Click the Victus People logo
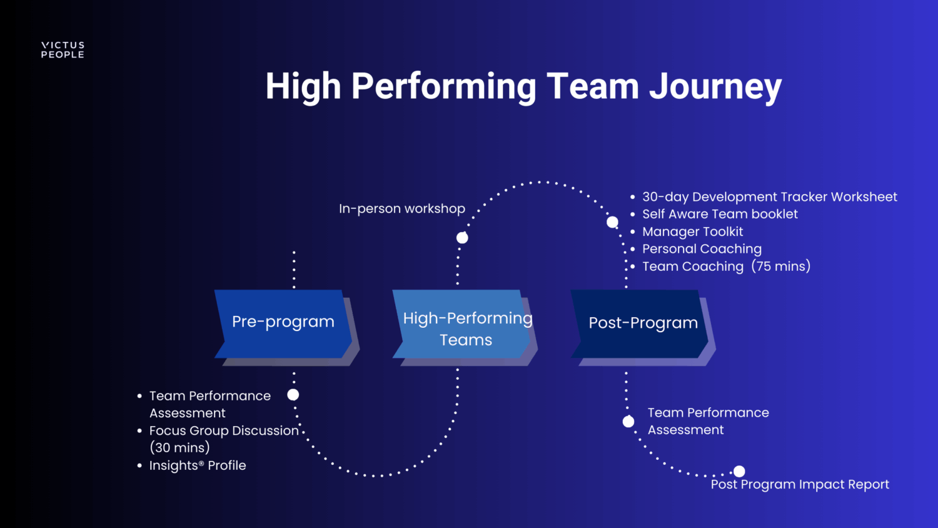tap(63, 50)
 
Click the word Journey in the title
tap(715, 86)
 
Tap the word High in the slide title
tap(303, 86)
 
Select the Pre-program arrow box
tap(283, 323)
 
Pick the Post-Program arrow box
tap(641, 323)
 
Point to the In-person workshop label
tap(402, 209)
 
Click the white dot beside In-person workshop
tap(462, 238)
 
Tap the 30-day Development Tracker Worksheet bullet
tap(769, 197)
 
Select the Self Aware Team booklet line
tap(720, 214)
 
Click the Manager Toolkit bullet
tap(692, 231)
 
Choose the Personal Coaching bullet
tap(702, 249)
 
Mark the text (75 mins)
tap(781, 267)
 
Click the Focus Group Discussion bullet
tap(223, 430)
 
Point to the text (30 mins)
tap(179, 448)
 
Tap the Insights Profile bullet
tap(198, 465)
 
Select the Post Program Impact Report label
tap(800, 485)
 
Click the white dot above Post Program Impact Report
tap(739, 471)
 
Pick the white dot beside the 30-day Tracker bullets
tap(613, 222)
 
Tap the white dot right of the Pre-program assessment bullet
tap(293, 395)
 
